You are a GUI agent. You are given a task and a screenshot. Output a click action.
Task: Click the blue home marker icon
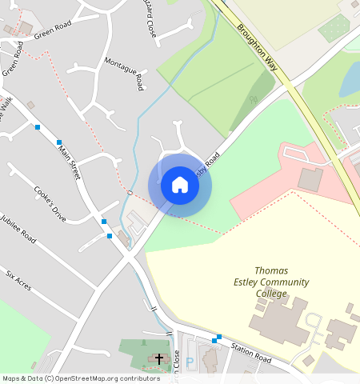180,185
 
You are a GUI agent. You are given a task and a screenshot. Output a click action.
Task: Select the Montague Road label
126,74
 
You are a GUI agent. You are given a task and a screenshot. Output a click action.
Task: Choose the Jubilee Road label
19,230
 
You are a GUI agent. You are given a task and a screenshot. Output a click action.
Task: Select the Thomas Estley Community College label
270,282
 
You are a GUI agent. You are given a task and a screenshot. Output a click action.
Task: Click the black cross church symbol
158,358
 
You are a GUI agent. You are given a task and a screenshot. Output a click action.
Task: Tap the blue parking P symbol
190,362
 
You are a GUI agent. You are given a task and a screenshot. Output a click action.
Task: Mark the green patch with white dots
334,29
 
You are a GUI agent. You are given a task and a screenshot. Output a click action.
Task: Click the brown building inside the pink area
310,180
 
